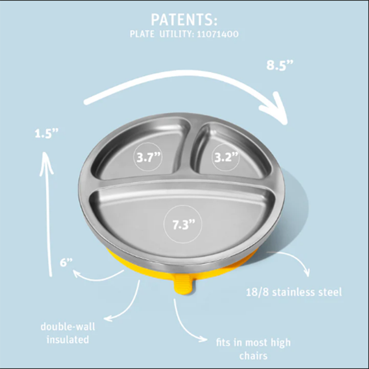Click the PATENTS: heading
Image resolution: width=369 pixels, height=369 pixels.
tap(184, 20)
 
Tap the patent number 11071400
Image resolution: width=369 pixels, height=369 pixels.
tap(218, 35)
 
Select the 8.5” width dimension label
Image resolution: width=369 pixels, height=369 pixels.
tap(280, 65)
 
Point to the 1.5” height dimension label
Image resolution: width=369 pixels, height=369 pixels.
tap(46, 134)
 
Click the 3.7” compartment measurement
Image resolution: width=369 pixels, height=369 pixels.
tap(149, 157)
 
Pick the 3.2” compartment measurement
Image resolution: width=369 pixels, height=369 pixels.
tap(226, 157)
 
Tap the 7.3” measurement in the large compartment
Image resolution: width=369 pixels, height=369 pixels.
tap(184, 225)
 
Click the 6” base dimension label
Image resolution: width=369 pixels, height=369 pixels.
tap(66, 262)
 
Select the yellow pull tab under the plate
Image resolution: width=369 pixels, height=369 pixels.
tap(184, 286)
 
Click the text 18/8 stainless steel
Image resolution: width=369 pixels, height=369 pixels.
tap(294, 292)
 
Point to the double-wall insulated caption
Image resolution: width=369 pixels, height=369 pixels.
tap(68, 333)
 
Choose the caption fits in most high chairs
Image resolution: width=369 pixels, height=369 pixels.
tap(253, 349)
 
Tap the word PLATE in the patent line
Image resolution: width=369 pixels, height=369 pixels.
tap(142, 35)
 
